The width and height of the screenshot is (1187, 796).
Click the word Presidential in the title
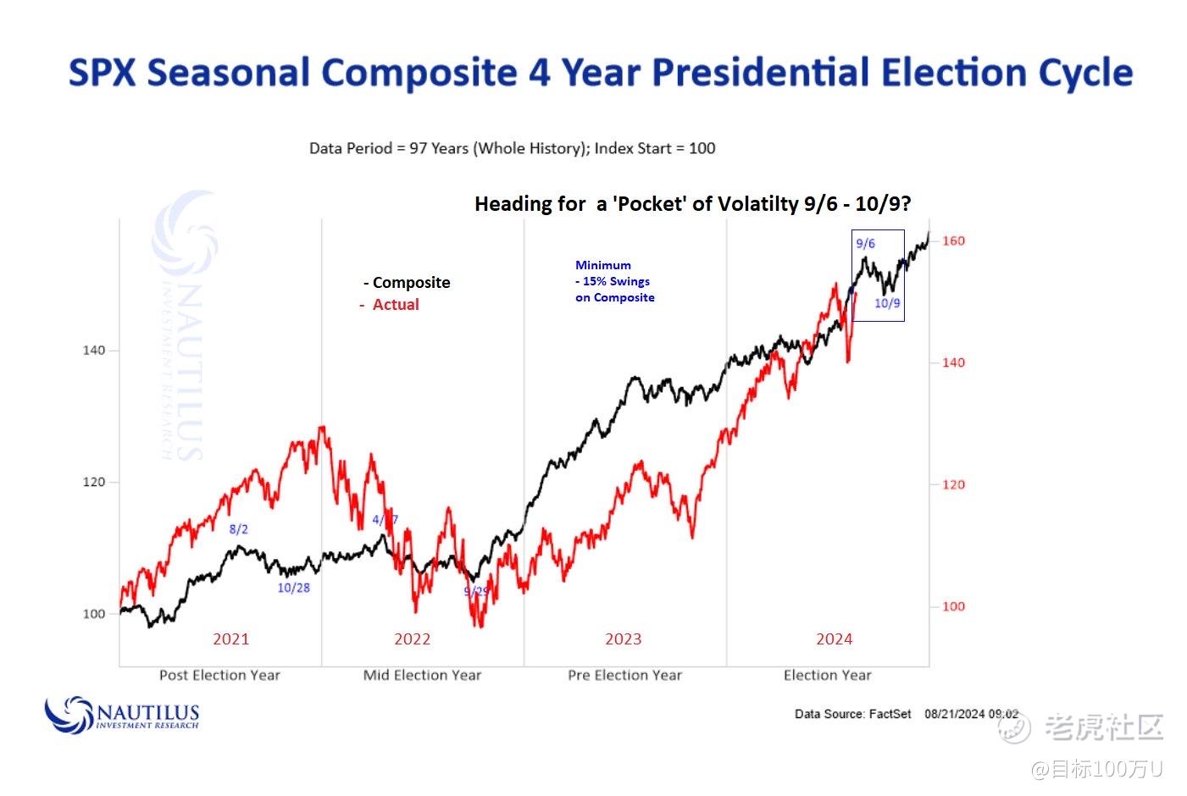(x=760, y=72)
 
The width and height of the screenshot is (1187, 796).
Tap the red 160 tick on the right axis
(x=953, y=240)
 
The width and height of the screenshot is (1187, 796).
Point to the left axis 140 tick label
(x=94, y=350)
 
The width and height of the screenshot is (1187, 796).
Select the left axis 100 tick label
(x=94, y=613)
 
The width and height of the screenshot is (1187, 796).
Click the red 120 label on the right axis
(x=953, y=484)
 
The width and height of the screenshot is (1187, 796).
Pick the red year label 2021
(x=230, y=638)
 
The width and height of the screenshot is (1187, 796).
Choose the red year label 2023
(x=623, y=638)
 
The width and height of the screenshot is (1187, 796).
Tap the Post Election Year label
(x=219, y=675)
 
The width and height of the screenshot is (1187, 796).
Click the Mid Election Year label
(x=422, y=675)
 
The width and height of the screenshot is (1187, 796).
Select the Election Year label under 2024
(x=827, y=675)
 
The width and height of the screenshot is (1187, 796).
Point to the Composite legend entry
(x=408, y=283)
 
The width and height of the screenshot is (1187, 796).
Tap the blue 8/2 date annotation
(x=239, y=529)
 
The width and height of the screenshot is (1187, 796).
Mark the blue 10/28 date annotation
(x=293, y=588)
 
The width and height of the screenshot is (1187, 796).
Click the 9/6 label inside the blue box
(x=865, y=244)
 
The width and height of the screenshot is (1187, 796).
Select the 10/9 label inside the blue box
(x=887, y=303)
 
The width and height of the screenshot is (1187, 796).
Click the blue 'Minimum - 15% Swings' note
(x=614, y=281)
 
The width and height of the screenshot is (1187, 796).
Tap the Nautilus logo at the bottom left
(x=122, y=715)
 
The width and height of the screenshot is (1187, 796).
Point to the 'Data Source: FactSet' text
(x=852, y=714)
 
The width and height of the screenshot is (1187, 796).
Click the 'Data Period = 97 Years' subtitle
(x=512, y=148)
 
